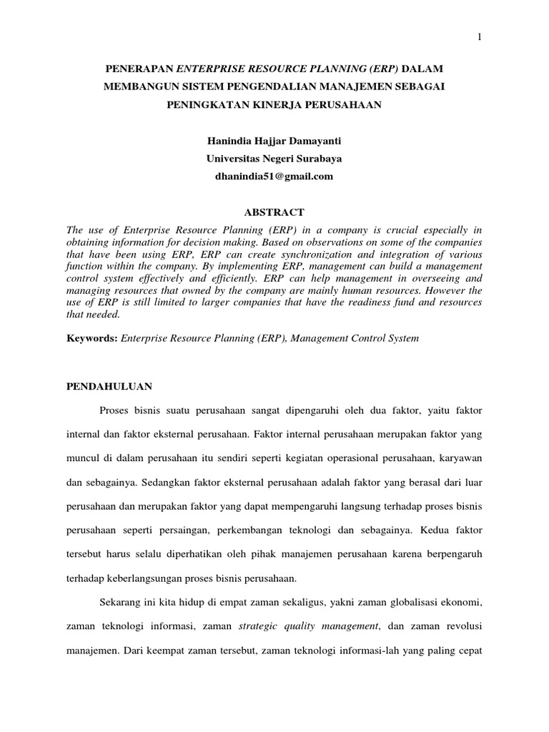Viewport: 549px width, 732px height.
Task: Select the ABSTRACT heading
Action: point(274,212)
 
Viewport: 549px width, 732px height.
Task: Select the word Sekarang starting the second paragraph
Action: point(123,603)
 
